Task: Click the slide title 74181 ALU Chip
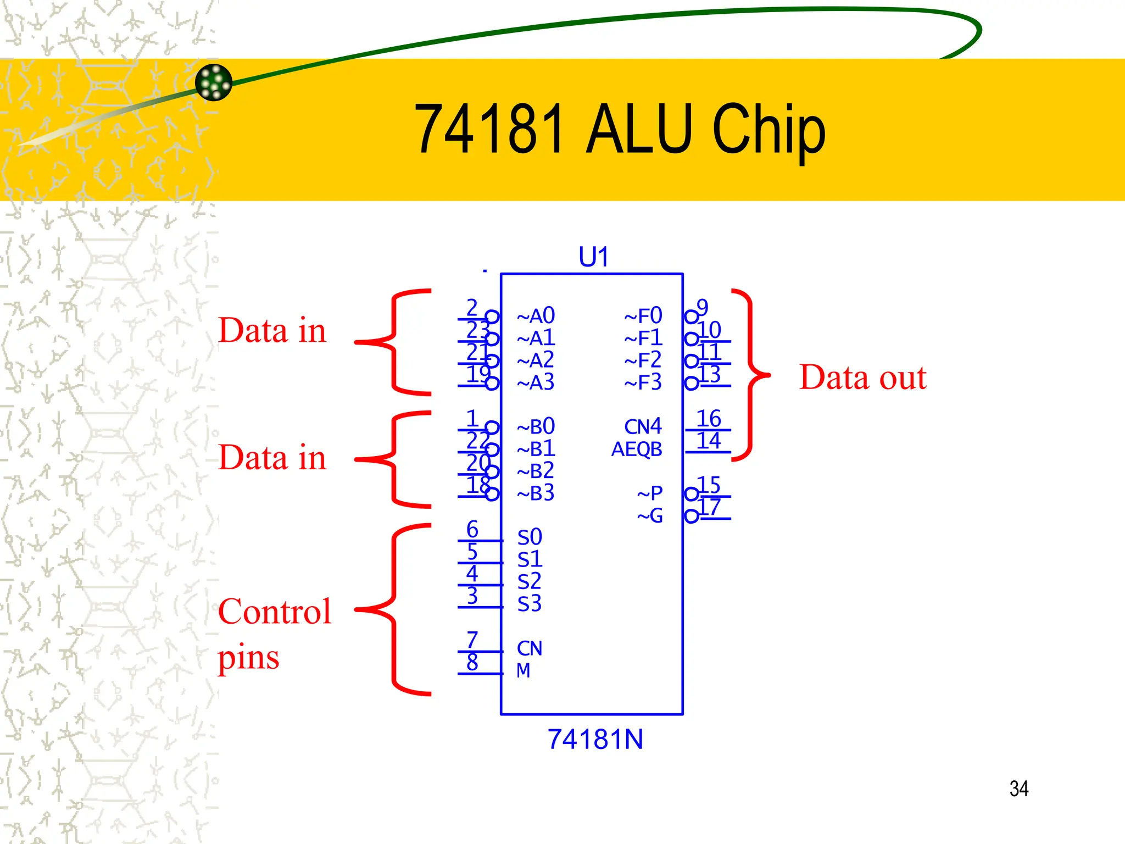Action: pos(619,130)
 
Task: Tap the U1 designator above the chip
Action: pos(593,257)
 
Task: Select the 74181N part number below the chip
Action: pos(595,739)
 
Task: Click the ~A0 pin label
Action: pos(536,316)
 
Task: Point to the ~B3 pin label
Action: pos(536,493)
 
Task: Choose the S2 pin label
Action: pos(529,581)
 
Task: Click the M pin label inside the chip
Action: pos(523,670)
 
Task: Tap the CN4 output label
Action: pos(643,426)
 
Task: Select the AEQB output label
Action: pos(637,449)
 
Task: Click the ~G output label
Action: pos(650,515)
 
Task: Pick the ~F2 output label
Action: pos(643,360)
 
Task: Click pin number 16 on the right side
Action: pos(708,419)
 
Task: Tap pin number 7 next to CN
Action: pos(472,640)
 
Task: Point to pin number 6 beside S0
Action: pos(472,529)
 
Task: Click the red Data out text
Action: pos(862,377)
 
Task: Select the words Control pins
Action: pos(274,634)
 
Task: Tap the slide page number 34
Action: pos(1018,789)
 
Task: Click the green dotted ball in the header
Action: pos(214,82)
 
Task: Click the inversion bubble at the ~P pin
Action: pos(691,494)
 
